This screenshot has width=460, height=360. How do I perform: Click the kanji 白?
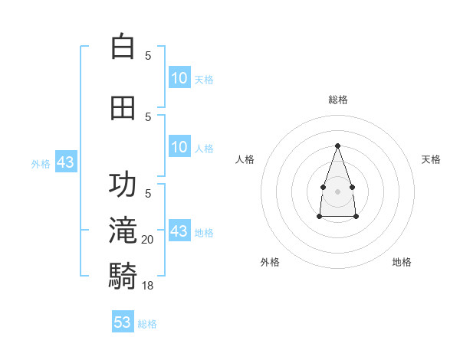(123, 46)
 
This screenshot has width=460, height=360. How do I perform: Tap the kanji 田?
(123, 108)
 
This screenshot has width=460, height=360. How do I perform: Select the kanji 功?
(123, 184)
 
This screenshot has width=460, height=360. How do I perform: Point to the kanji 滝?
(123, 230)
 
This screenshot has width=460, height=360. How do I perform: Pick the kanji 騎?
(123, 276)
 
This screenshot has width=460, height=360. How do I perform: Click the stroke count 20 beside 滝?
(147, 240)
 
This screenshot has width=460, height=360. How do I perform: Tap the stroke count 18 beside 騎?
(147, 286)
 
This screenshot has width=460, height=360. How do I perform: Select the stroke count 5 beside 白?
(148, 56)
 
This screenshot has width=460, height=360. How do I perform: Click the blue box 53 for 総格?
(123, 321)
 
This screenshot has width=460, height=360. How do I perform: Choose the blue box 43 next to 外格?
(66, 162)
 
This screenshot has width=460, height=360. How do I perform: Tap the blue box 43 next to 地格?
(179, 230)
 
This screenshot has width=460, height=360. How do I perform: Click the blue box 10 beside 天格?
(179, 77)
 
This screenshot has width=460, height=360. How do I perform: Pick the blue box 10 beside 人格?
(179, 146)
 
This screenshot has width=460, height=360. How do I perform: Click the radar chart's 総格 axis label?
(338, 100)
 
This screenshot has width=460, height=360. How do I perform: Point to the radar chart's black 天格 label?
(431, 159)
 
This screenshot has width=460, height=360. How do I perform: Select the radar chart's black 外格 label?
(270, 262)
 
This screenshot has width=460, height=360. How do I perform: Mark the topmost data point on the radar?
(337, 146)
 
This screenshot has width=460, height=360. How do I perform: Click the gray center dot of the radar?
(337, 191)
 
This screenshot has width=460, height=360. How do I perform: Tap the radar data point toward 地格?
(356, 216)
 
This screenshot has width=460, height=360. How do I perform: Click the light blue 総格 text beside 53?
(147, 324)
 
